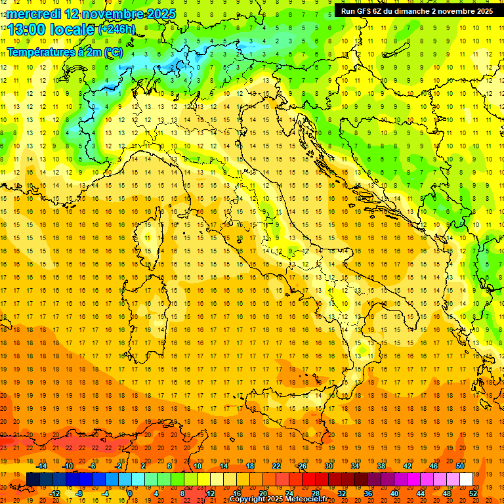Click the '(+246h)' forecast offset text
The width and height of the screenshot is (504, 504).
click(x=116, y=30)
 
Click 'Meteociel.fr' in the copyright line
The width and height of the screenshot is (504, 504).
click(x=306, y=499)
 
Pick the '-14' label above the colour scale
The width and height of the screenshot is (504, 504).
click(x=41, y=466)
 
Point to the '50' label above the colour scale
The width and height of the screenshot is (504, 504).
click(x=460, y=466)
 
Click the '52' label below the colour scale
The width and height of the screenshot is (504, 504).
click(x=473, y=493)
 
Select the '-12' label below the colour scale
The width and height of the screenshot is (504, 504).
click(x=54, y=493)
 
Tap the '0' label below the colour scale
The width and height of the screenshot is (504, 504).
click(x=129, y=493)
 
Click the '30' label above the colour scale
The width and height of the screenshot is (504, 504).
click(x=329, y=466)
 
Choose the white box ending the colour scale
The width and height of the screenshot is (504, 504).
click(x=466, y=479)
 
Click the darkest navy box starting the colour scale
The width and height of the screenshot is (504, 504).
click(x=33, y=479)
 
